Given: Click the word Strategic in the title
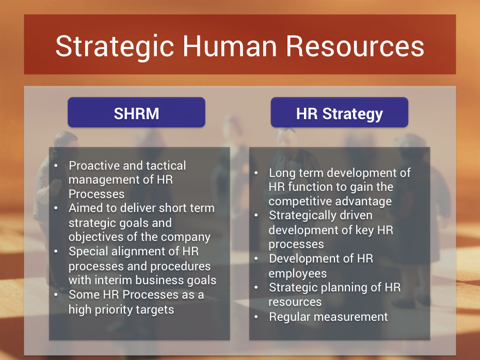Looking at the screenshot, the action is (115, 47).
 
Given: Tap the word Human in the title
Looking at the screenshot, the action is (230, 46).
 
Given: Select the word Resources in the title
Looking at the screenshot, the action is (355, 46).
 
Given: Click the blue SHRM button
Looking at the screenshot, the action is (137, 112).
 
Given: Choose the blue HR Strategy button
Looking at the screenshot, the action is (340, 112).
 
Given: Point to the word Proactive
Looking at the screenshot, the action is (94, 166).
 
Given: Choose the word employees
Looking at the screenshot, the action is (298, 274).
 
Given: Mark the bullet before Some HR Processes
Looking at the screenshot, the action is (56, 295).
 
